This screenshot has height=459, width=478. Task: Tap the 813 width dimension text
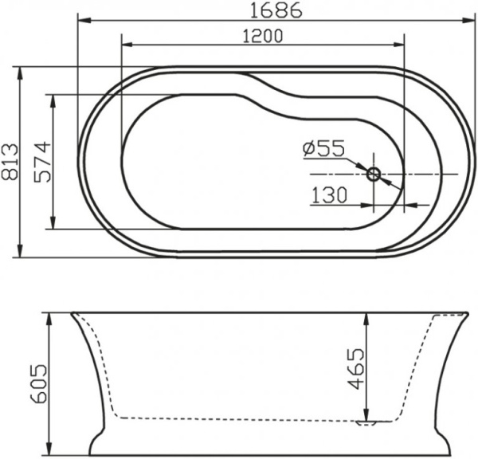tap(10, 163)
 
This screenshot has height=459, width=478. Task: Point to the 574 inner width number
tap(41, 163)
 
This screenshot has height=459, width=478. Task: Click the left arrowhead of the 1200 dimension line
tap(123, 45)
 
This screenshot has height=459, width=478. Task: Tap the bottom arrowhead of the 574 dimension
tap(53, 228)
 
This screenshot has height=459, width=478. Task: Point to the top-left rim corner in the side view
tap(71, 313)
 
